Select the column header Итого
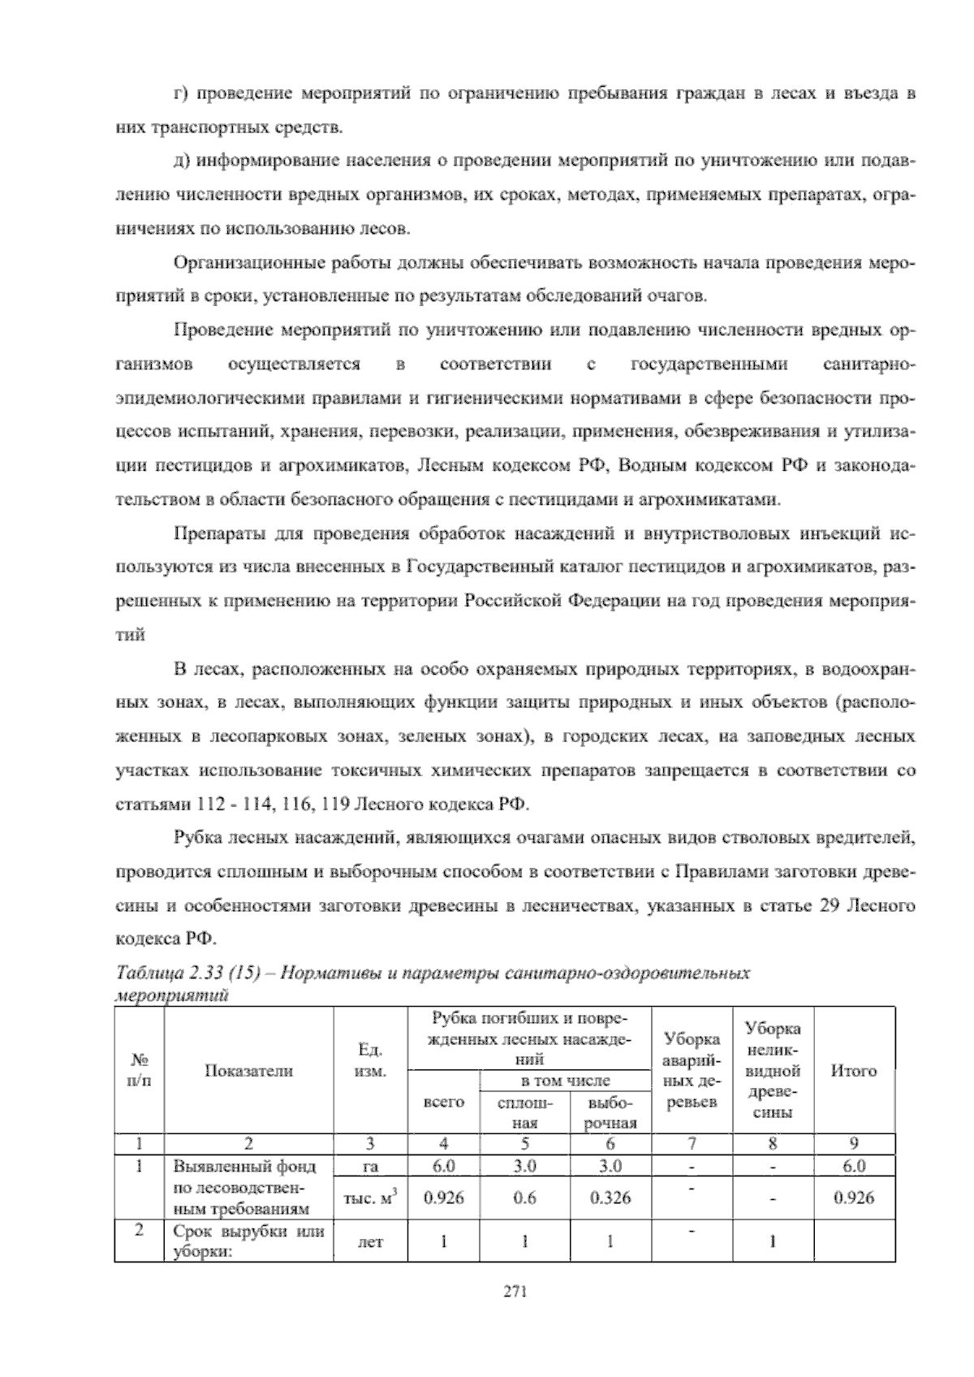click(854, 1071)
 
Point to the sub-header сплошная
click(524, 1113)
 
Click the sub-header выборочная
click(610, 1113)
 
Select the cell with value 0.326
click(610, 1198)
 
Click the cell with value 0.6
click(524, 1198)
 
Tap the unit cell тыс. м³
click(370, 1198)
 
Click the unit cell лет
click(370, 1242)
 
